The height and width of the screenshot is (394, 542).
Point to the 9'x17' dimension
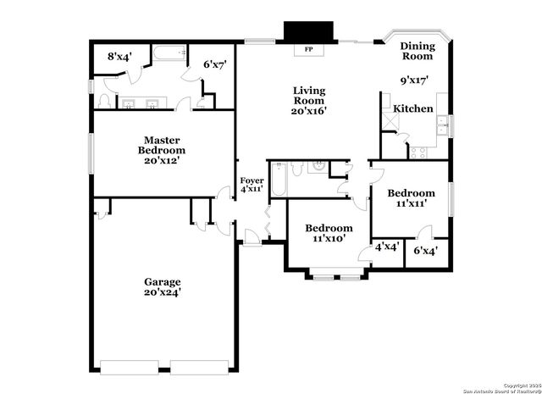[x=414, y=80]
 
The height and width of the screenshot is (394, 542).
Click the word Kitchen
[x=414, y=108]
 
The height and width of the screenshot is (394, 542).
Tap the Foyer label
[x=252, y=185]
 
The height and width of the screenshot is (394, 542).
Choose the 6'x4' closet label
[x=426, y=250]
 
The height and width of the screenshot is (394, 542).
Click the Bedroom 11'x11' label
[x=412, y=198]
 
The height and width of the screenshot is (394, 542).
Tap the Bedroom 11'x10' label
[x=329, y=233]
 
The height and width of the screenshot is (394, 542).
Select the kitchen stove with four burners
[x=418, y=152]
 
